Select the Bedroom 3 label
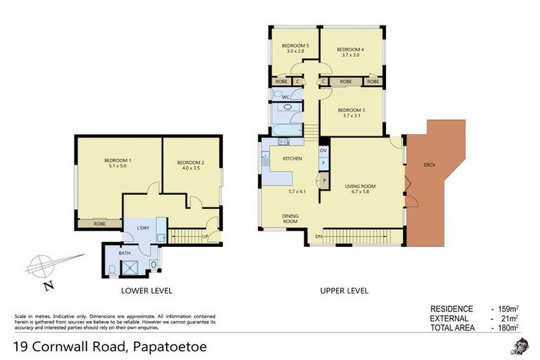[351, 110]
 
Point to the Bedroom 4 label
[350, 49]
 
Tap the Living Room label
[360, 186]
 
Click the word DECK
[429, 165]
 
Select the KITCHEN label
[292, 159]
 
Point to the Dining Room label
[290, 219]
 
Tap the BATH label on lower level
[124, 253]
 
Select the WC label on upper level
[276, 96]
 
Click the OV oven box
[323, 150]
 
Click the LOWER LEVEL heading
[147, 290]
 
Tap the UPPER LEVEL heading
[344, 290]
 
